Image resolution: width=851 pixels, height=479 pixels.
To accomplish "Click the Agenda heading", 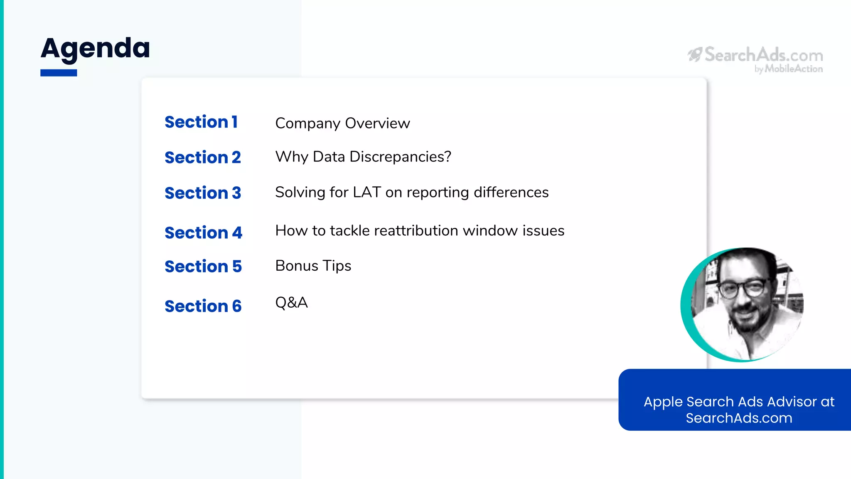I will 95,49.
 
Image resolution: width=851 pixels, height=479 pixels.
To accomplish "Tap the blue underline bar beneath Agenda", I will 59,73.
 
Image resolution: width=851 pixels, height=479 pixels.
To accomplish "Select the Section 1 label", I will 201,122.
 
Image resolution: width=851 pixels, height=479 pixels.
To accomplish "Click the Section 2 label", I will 203,158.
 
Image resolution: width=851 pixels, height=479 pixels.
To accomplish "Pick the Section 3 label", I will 203,193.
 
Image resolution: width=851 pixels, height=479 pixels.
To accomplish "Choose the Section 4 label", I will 203,233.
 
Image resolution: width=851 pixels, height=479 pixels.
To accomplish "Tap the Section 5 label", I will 203,267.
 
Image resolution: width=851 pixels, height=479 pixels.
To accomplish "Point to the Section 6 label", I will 203,306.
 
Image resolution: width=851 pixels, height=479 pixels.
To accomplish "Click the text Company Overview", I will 342,123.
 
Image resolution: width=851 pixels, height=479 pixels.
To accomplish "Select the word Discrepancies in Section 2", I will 400,157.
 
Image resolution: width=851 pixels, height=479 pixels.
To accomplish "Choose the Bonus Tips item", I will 313,266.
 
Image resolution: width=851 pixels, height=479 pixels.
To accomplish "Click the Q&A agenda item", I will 291,302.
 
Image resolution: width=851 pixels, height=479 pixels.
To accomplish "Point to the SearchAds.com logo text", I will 763,55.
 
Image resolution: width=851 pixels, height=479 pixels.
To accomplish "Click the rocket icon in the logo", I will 695,54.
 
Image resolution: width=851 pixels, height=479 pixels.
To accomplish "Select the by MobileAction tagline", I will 789,69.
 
